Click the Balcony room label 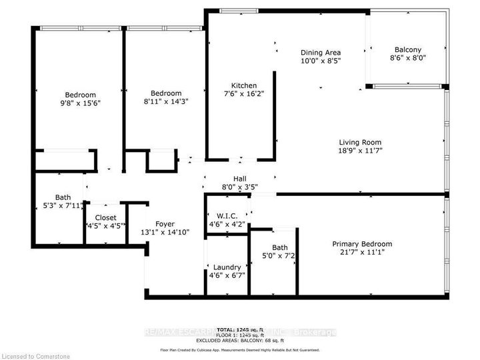407,49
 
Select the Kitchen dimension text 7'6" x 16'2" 244,95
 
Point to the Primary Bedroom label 362,244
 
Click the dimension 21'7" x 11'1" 362,253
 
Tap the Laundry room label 227,267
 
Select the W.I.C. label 227,216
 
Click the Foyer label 165,224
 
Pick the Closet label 105,217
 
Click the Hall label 240,179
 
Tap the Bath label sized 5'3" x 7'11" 63,197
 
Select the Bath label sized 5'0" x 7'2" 279,247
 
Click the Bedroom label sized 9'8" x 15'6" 80,94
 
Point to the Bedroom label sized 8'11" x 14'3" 165,93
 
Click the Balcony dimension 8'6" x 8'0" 407,58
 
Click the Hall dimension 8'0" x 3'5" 240,187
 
